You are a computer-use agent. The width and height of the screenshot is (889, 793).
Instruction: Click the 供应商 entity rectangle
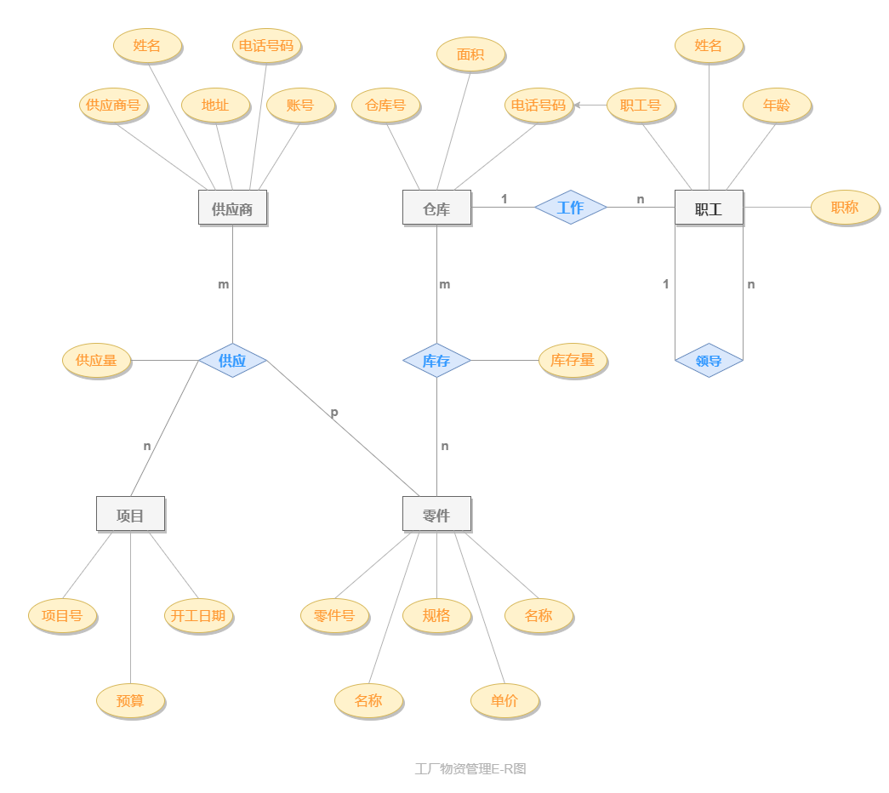coord(232,208)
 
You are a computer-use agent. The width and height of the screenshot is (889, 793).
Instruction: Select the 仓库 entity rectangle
coord(436,208)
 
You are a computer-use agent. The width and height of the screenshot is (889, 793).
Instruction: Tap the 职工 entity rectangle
coord(709,208)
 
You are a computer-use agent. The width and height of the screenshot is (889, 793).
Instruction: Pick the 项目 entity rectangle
coord(130,514)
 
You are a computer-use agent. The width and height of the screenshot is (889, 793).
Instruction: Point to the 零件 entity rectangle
coord(436,514)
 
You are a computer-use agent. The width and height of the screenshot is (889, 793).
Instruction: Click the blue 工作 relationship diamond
coord(570,207)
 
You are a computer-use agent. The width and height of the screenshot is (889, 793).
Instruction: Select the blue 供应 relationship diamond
coord(232,360)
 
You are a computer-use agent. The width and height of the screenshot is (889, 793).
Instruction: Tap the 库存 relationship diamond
coord(436,360)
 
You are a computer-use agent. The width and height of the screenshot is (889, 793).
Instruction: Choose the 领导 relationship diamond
coord(709,360)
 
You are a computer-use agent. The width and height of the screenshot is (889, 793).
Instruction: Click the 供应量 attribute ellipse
coord(96,361)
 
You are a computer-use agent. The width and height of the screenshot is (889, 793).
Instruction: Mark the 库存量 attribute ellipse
coord(573,361)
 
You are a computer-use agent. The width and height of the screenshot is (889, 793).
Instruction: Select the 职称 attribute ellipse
coord(845,208)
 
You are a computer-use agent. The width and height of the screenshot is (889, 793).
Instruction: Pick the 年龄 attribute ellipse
coord(777,106)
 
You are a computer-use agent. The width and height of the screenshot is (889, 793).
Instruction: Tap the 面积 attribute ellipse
coord(470,54)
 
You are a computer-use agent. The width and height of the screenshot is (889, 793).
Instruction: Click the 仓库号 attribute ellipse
coord(385,106)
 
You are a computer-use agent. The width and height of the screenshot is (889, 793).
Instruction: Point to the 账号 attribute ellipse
coord(300,106)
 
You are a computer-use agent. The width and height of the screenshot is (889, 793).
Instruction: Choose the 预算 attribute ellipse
coord(130,701)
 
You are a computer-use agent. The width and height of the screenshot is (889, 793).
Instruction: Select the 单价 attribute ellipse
coord(504,701)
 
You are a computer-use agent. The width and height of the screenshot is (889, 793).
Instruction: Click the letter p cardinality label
coord(334,413)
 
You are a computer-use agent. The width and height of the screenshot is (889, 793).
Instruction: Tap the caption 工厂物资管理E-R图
coord(470,768)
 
